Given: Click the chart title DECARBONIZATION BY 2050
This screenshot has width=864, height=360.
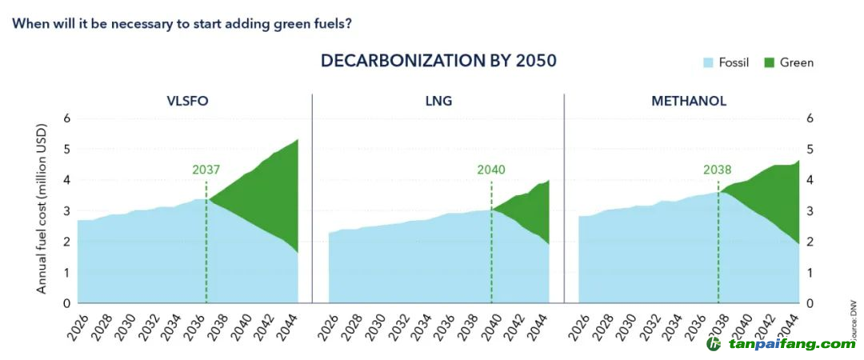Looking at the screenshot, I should click(438, 62).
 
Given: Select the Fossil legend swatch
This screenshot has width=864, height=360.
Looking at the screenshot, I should click(708, 62).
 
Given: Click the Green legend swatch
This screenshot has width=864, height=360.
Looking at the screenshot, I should click(770, 62).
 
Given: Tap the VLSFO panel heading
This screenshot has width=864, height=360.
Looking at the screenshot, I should click(188, 102).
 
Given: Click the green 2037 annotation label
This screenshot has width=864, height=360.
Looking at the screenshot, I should click(206, 170).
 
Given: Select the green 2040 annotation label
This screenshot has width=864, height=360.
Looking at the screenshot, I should click(491, 170).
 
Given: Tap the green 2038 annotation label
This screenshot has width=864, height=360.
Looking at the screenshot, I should click(718, 170).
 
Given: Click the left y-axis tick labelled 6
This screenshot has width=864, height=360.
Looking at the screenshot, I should click(67, 118).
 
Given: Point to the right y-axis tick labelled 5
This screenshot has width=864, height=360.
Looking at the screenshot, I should click(810, 150).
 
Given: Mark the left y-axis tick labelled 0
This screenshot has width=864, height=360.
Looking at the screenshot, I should click(67, 303).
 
